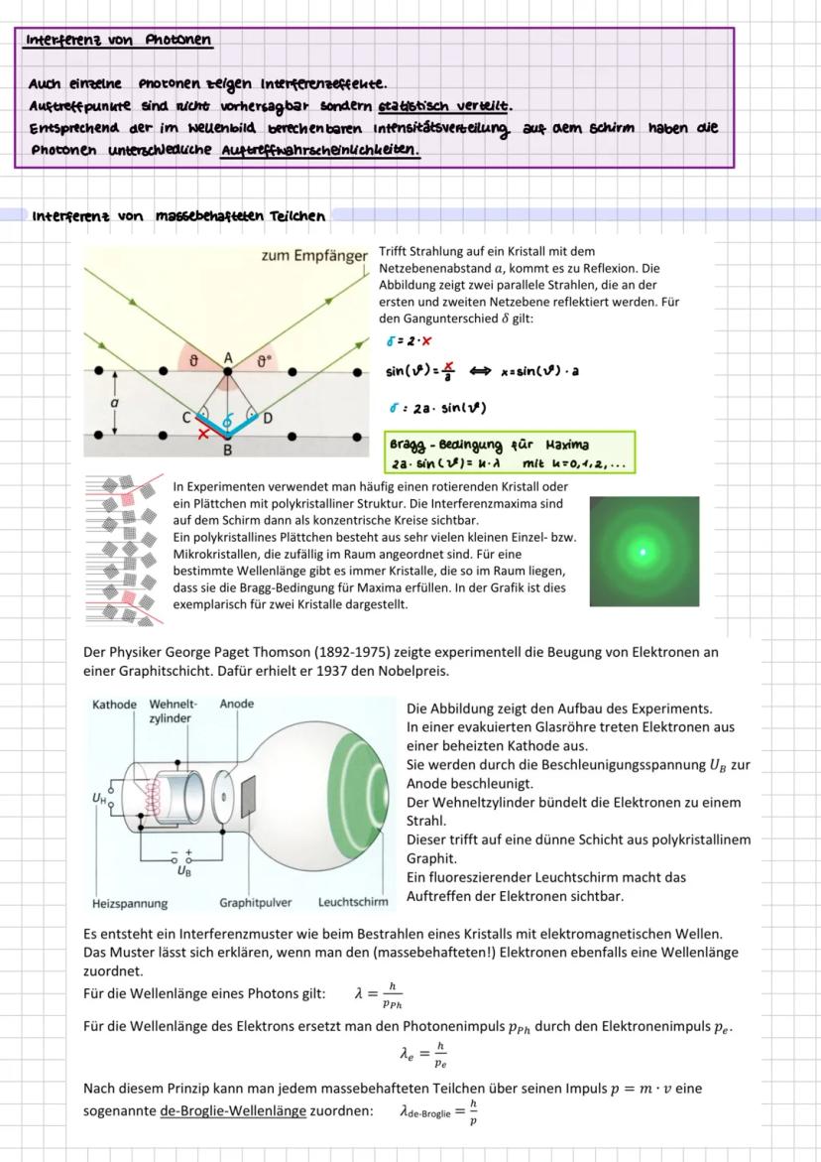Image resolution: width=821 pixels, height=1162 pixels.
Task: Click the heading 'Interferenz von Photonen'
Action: [118, 40]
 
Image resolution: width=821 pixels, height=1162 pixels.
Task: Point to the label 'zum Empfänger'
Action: [314, 256]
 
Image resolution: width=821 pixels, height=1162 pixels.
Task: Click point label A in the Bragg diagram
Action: [228, 357]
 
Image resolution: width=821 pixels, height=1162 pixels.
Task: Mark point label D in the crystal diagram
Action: [267, 417]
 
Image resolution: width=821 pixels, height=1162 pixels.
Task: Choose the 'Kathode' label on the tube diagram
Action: [114, 704]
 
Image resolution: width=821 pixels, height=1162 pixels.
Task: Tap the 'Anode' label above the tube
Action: [236, 704]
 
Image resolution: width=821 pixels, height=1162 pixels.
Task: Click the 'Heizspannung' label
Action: [129, 903]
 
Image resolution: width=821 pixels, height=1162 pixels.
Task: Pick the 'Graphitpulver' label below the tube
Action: [255, 903]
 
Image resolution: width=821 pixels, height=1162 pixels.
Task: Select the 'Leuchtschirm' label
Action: [353, 903]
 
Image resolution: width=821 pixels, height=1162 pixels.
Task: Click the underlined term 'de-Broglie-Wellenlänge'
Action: [232, 1111]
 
